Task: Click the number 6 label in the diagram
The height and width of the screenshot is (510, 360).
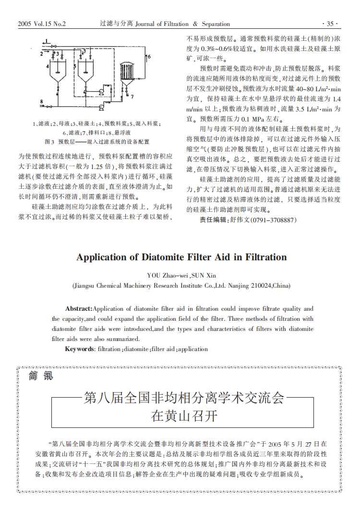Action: (149, 56)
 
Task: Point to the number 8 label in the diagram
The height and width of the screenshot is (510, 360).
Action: (42, 101)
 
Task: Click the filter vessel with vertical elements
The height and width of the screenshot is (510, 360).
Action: (127, 73)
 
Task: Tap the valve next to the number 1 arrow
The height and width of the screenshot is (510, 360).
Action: (56, 45)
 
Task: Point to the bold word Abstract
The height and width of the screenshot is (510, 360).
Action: (78, 309)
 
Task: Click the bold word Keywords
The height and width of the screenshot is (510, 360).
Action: (80, 349)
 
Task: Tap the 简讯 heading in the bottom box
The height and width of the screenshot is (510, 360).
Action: (41, 376)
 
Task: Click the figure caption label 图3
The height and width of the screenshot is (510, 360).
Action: (49, 142)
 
